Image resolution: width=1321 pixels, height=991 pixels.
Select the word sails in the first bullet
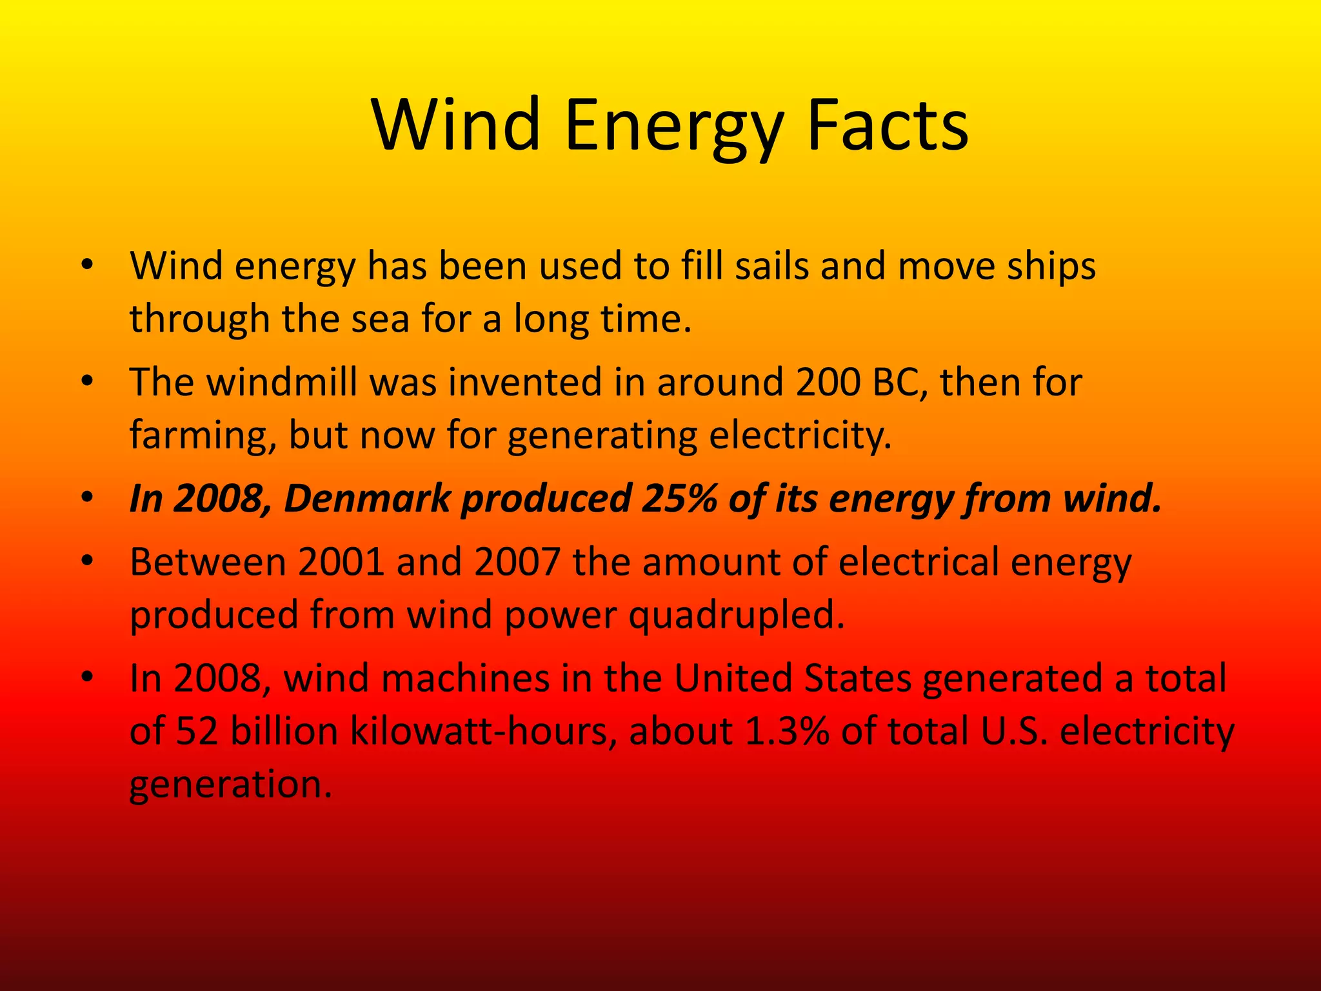coord(771,265)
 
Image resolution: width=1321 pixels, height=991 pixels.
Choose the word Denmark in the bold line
coord(367,499)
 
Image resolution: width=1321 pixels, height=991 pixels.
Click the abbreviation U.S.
coord(1014,731)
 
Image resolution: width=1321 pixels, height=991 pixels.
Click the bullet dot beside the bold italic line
coord(88,498)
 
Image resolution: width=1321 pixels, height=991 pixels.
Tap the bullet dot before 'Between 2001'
coord(88,561)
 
